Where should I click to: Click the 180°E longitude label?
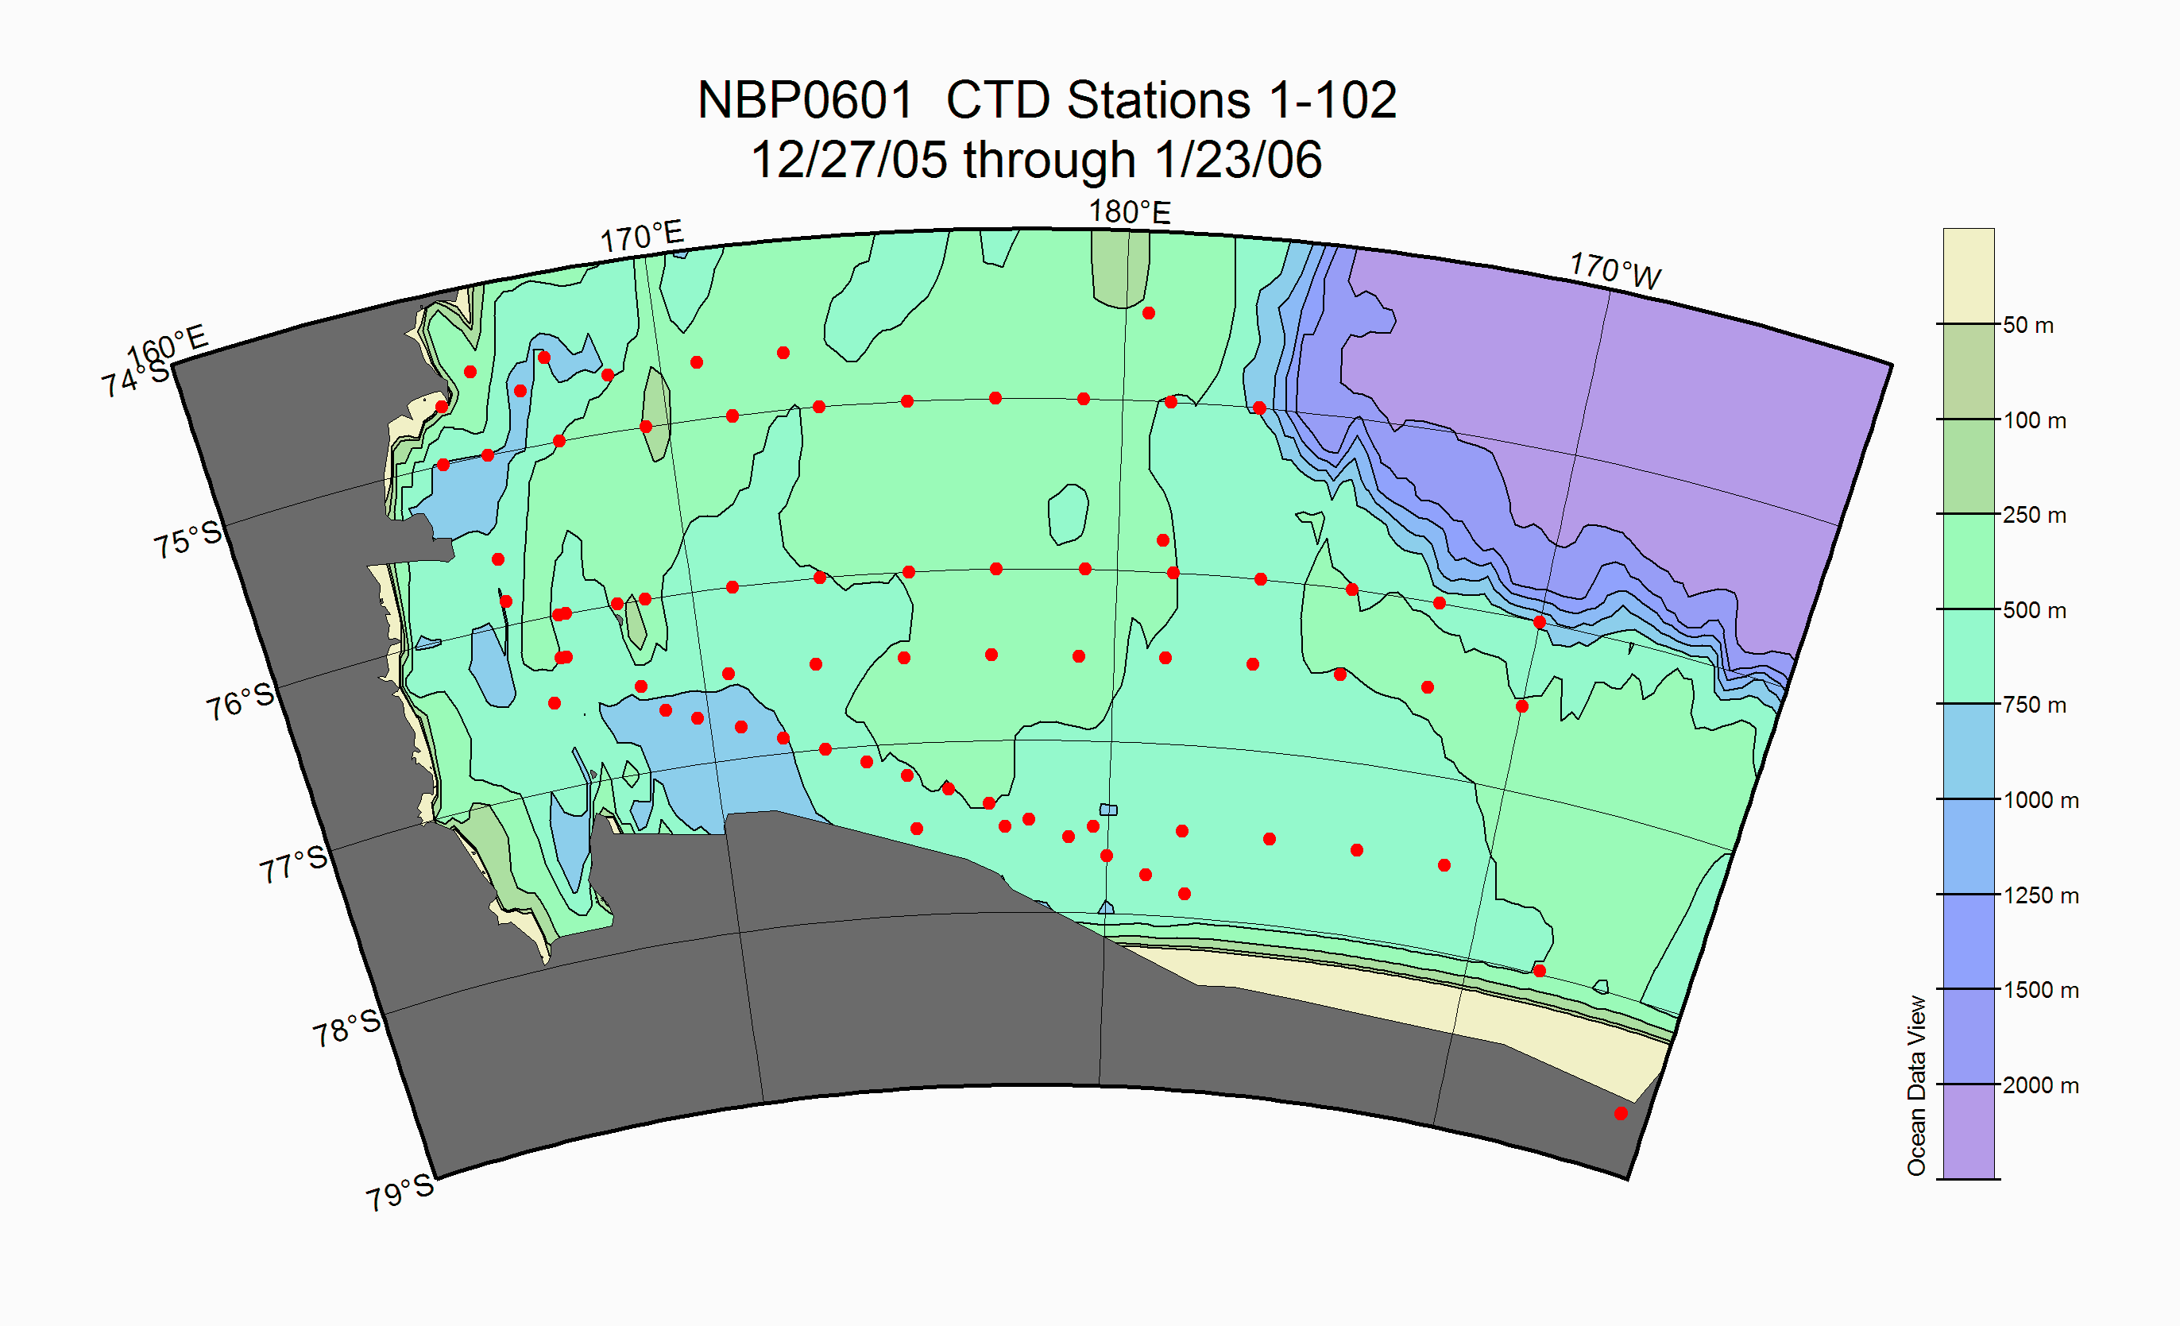[x=1129, y=212]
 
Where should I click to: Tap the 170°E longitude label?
[x=642, y=237]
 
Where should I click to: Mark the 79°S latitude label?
[x=400, y=1193]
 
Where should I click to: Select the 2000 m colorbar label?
[x=2040, y=1085]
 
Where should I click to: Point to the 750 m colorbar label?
[x=2034, y=705]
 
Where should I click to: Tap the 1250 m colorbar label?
[x=2040, y=895]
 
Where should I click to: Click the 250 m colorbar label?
[x=2034, y=515]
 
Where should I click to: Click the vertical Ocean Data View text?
[x=1916, y=1085]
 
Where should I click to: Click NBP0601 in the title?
[x=805, y=100]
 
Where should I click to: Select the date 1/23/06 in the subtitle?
[x=1238, y=160]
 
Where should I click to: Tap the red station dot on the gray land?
[x=1621, y=1114]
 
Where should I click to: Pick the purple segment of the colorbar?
[x=1969, y=1131]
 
